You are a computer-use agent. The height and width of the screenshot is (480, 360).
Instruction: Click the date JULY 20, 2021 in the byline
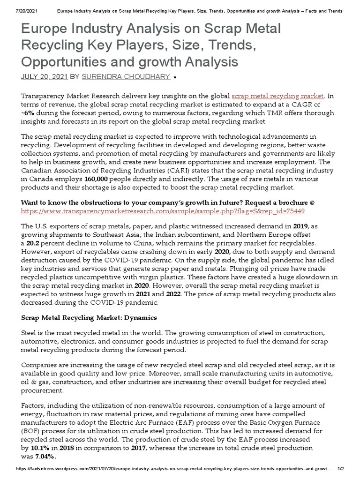[45, 76]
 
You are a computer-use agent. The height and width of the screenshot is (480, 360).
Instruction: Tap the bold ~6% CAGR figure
[29, 113]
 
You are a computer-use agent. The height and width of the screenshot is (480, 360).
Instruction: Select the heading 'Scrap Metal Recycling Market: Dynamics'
[89, 317]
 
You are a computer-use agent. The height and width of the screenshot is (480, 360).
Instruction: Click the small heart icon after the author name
[175, 76]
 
